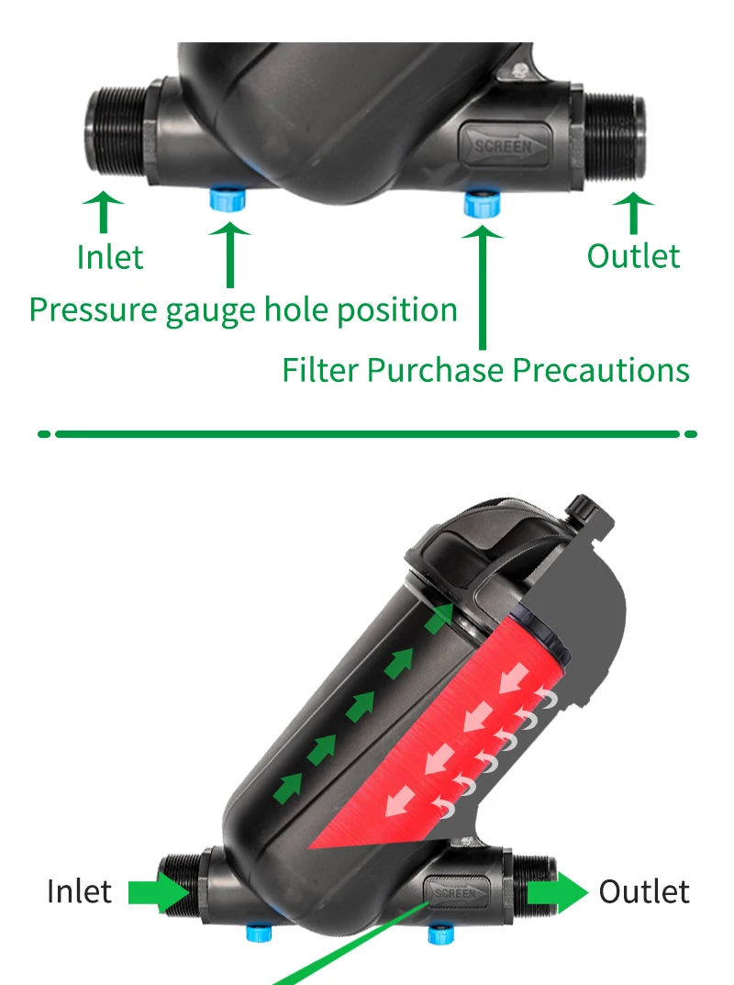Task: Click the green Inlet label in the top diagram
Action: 110,257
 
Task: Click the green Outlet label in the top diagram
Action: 633,256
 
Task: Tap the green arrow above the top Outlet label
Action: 632,211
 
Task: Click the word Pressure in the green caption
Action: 93,310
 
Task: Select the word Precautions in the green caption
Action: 600,370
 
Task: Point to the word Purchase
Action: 437,371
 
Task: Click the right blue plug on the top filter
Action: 479,202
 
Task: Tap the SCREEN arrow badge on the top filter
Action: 505,145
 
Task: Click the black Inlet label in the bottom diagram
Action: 80,891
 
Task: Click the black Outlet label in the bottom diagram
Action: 644,891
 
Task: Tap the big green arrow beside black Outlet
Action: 554,891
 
